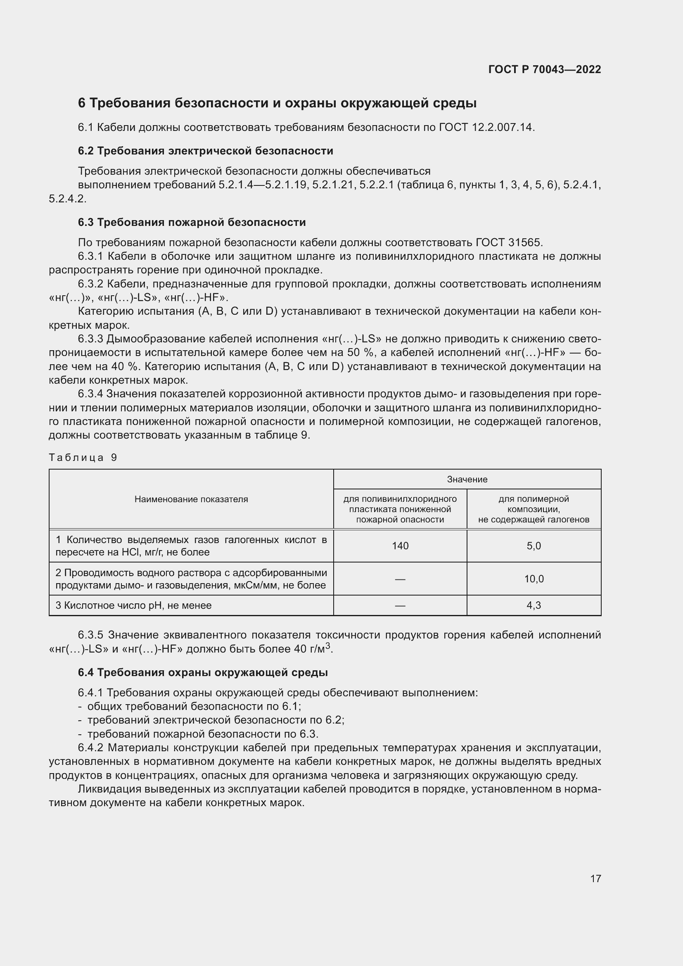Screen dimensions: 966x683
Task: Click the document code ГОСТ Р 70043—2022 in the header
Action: point(544,69)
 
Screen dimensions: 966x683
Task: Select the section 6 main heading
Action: point(277,103)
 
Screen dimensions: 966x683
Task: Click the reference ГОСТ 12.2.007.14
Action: point(486,127)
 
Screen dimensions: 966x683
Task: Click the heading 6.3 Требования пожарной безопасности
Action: point(192,222)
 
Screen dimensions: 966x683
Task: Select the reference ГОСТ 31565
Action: point(509,242)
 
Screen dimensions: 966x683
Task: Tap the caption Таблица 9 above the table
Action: point(83,457)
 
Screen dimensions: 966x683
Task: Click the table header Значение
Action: point(467,479)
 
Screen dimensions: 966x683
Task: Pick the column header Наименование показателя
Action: point(191,499)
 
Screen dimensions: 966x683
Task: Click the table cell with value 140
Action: point(400,546)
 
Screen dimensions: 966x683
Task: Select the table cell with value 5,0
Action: point(534,546)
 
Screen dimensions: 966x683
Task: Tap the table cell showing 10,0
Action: point(534,579)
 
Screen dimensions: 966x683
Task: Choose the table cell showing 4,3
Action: point(534,605)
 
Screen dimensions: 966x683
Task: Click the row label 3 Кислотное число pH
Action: point(134,605)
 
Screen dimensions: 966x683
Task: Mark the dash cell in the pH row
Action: point(400,605)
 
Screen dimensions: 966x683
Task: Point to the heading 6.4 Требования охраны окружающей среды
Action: point(203,672)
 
